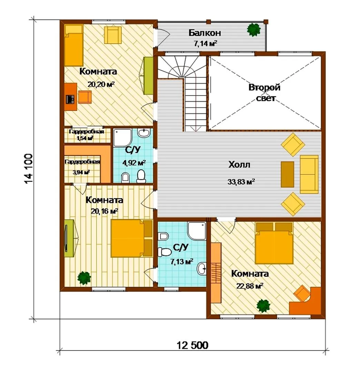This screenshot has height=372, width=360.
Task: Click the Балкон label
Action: [x=205, y=33]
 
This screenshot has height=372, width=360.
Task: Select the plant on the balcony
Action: [x=253, y=29]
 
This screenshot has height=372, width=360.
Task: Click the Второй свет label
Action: [x=264, y=93]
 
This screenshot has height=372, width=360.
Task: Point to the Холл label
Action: [x=239, y=164]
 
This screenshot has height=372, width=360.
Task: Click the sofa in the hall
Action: [x=309, y=174]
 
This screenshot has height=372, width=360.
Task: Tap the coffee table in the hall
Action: [x=287, y=174]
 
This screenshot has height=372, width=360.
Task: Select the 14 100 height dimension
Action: [x=29, y=168]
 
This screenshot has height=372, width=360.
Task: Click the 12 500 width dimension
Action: [x=192, y=345]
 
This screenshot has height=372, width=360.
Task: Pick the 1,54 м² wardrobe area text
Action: [x=85, y=138]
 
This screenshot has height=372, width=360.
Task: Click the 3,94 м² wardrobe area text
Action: [x=81, y=172]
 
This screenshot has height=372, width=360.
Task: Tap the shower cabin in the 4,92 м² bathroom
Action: [x=122, y=137]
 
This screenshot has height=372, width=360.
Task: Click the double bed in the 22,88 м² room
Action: [x=274, y=243]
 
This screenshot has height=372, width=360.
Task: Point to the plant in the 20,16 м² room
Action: [x=84, y=278]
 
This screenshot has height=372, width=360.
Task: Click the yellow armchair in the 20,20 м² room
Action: [x=113, y=35]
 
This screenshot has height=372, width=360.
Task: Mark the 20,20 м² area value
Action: [x=101, y=84]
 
